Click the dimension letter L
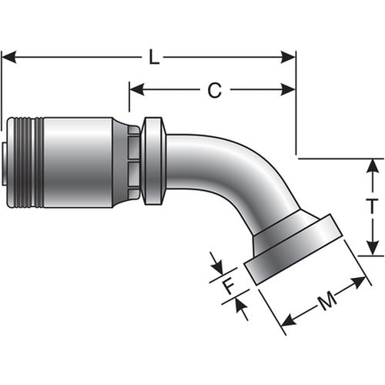point(154,57)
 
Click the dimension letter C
point(215,90)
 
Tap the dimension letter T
point(372,206)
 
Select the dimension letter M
point(327,300)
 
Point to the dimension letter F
point(229,286)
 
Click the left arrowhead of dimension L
point(9,57)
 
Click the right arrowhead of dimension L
point(288,57)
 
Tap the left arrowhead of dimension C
point(137,89)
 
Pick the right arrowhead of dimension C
point(288,89)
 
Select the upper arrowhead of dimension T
point(373,166)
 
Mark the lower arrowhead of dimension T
point(373,248)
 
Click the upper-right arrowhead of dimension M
point(359,282)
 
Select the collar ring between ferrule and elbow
point(153,161)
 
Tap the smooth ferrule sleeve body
point(79,162)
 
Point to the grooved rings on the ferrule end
point(28,162)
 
